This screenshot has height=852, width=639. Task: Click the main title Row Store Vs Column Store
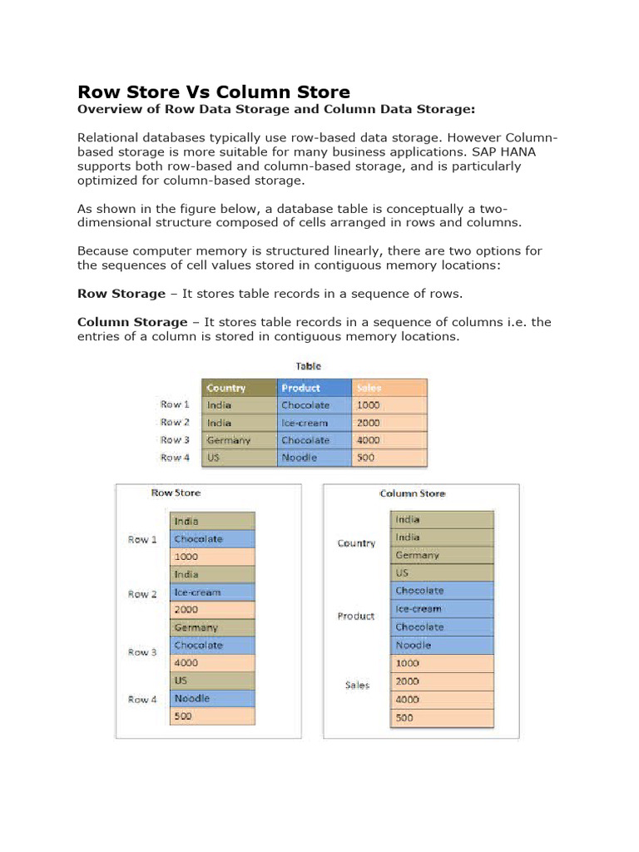tap(214, 92)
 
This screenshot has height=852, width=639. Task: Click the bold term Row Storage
tap(121, 293)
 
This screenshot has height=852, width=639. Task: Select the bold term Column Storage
tap(132, 322)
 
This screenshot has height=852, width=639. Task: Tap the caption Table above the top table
tap(309, 365)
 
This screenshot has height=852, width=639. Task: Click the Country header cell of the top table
tap(240, 388)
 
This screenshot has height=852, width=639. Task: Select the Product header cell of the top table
tap(314, 388)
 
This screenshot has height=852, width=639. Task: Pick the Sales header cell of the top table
tap(389, 388)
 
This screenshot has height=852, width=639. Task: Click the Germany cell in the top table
tap(240, 440)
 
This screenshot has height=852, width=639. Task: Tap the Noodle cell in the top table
tap(314, 458)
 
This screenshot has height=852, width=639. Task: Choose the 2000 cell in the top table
tap(389, 423)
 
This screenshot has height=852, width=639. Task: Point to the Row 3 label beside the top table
tap(175, 440)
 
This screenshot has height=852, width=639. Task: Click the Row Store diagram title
tap(176, 493)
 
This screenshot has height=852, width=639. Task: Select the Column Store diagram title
tap(412, 493)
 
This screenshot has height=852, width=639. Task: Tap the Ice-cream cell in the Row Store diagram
tap(212, 592)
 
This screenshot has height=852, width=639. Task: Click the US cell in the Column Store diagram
tap(443, 572)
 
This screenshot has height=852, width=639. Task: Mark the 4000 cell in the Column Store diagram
tap(443, 699)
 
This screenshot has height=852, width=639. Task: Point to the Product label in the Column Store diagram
tap(356, 617)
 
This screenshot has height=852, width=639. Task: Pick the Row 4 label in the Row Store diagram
tap(142, 700)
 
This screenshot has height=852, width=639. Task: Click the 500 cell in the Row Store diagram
tap(212, 716)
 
